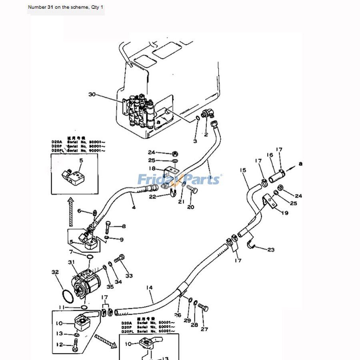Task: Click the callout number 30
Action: point(92,94)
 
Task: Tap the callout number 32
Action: point(55,272)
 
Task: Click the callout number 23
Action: point(271,250)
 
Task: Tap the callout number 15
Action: point(243,170)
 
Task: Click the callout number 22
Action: point(152,196)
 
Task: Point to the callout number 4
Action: point(134,207)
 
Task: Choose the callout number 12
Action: point(59,344)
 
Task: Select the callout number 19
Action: point(284,213)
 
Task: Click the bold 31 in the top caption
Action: point(51,7)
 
